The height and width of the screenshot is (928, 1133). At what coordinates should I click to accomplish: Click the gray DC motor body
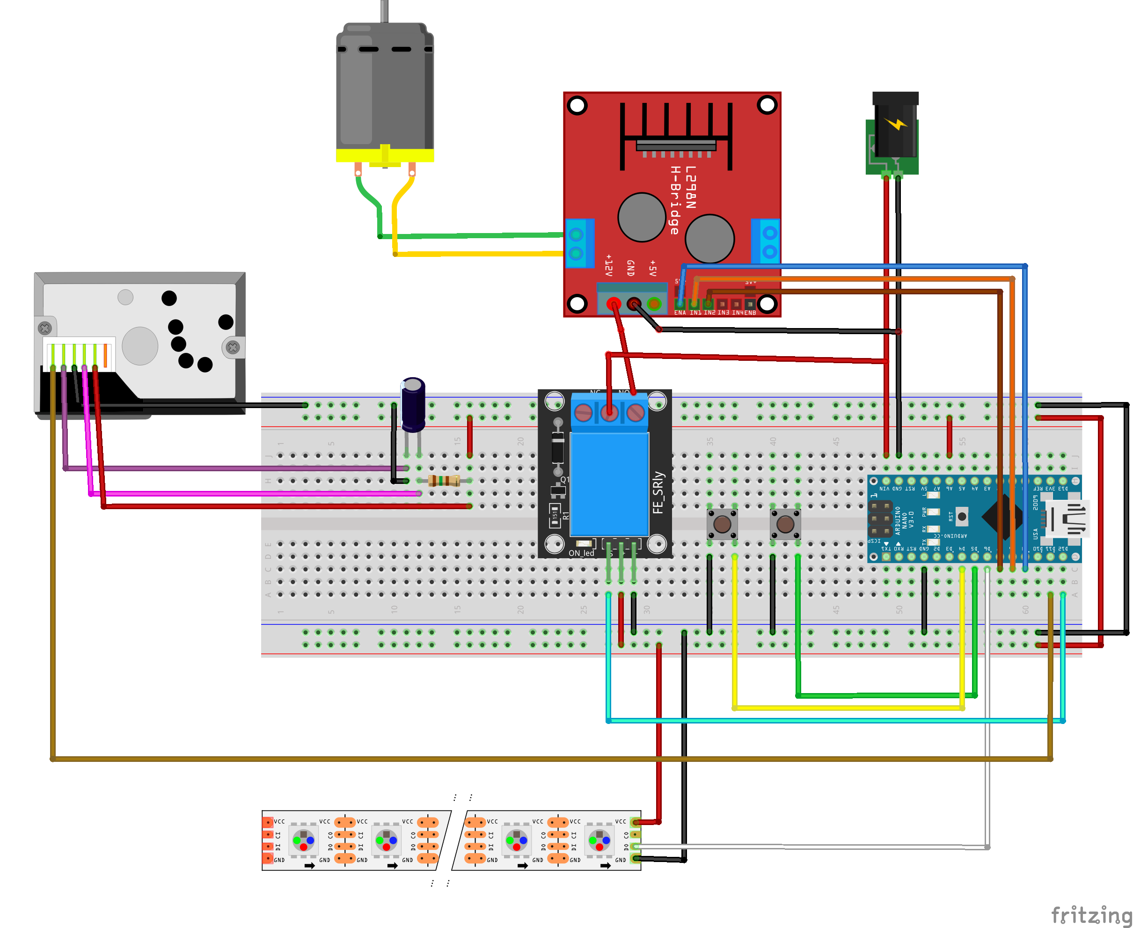[x=384, y=86]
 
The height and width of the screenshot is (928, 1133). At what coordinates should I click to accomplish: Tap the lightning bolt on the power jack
[x=896, y=124]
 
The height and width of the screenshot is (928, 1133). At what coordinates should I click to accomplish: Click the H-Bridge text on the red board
[x=675, y=200]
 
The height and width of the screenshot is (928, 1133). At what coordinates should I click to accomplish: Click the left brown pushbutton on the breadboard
[x=722, y=524]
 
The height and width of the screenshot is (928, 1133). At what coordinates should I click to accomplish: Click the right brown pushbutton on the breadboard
[x=785, y=524]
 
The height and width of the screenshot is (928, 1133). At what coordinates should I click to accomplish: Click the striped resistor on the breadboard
[x=444, y=481]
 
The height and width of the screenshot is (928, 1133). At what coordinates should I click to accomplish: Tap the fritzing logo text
[x=1090, y=915]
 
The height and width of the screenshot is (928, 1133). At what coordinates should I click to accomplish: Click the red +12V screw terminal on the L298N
[x=614, y=304]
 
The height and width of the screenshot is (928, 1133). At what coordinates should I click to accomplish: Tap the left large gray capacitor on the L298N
[x=641, y=217]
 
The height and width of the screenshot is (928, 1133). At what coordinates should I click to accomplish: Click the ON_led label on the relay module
[x=581, y=553]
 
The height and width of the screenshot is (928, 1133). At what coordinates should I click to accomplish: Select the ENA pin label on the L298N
[x=680, y=313]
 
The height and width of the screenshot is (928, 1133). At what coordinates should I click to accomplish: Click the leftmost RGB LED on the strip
[x=304, y=841]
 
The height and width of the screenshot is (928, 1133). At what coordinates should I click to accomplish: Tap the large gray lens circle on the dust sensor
[x=140, y=346]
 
